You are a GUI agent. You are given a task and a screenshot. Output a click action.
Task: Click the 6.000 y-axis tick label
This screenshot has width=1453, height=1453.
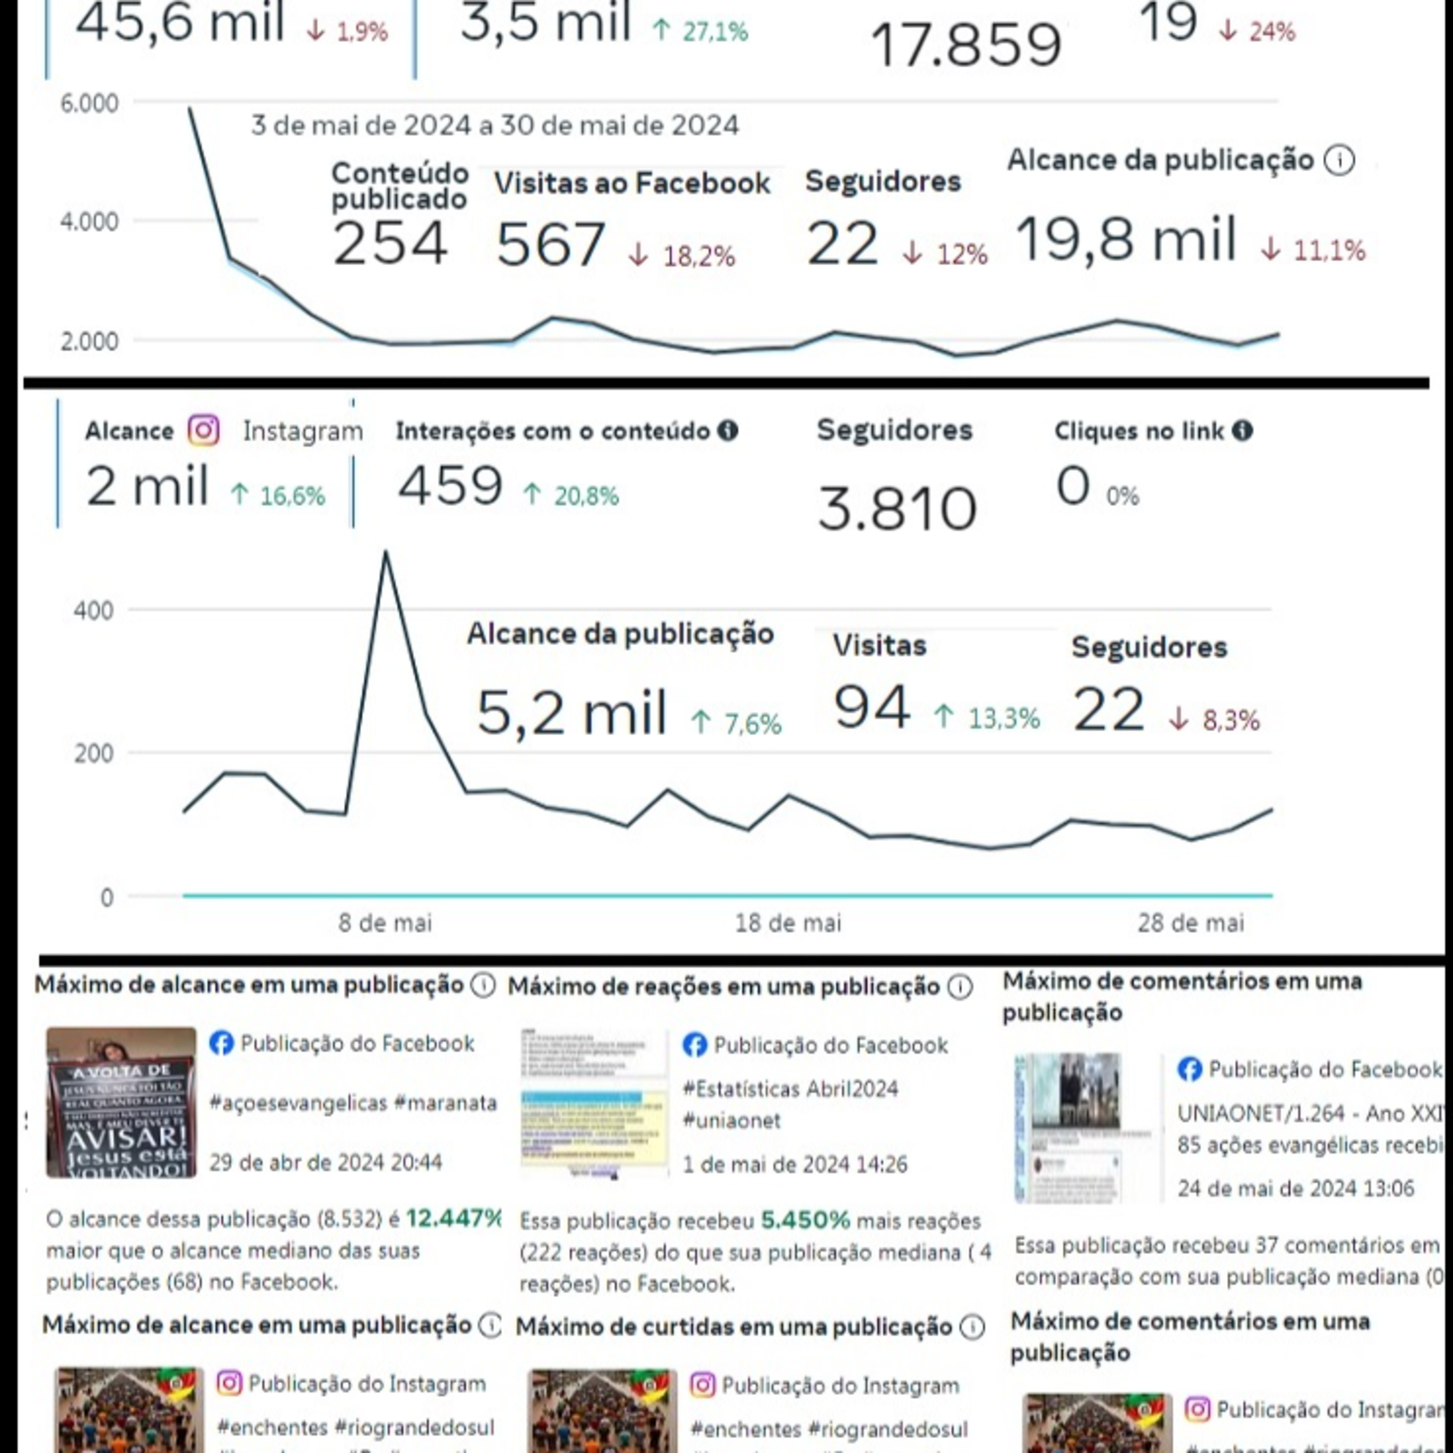coord(89,103)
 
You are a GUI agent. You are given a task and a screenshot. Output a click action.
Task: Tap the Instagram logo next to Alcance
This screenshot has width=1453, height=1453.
coord(203,431)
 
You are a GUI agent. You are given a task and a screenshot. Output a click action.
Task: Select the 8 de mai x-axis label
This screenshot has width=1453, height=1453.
coord(385,923)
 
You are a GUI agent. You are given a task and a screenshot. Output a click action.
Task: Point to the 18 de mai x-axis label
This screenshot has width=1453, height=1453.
coord(788,923)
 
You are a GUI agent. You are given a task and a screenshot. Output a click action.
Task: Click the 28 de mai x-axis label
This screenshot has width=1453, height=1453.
coord(1190,923)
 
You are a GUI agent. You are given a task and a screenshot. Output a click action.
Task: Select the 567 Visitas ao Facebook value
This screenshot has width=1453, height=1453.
coord(551,245)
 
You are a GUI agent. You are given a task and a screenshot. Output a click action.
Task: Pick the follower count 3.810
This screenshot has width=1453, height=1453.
coord(897,509)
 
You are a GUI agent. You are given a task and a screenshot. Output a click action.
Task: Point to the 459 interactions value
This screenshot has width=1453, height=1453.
coord(450,486)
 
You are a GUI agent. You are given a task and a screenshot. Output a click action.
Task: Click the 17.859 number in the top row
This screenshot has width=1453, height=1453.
coord(966,45)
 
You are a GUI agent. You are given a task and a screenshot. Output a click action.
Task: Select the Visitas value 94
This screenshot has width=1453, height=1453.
coord(872,708)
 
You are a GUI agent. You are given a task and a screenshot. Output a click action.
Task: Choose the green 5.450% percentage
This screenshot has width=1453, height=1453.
coord(804,1220)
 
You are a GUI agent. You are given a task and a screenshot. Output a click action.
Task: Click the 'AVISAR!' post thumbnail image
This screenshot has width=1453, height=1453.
coord(121,1102)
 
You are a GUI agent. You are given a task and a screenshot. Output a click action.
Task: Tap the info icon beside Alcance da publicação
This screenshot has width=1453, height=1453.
coord(1339,160)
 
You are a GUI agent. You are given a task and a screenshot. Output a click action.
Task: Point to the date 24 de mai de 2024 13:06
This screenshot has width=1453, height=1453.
coord(1295,1188)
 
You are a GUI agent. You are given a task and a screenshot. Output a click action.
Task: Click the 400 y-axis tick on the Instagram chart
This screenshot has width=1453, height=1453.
coord(93,610)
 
